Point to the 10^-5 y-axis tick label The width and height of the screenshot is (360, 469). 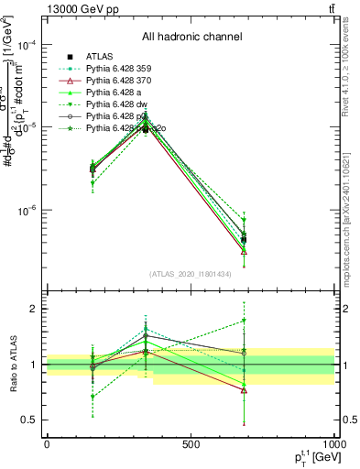pos(30,127)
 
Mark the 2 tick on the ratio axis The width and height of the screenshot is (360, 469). pos(35,309)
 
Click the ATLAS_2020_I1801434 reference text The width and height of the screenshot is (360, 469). pos(191,274)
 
